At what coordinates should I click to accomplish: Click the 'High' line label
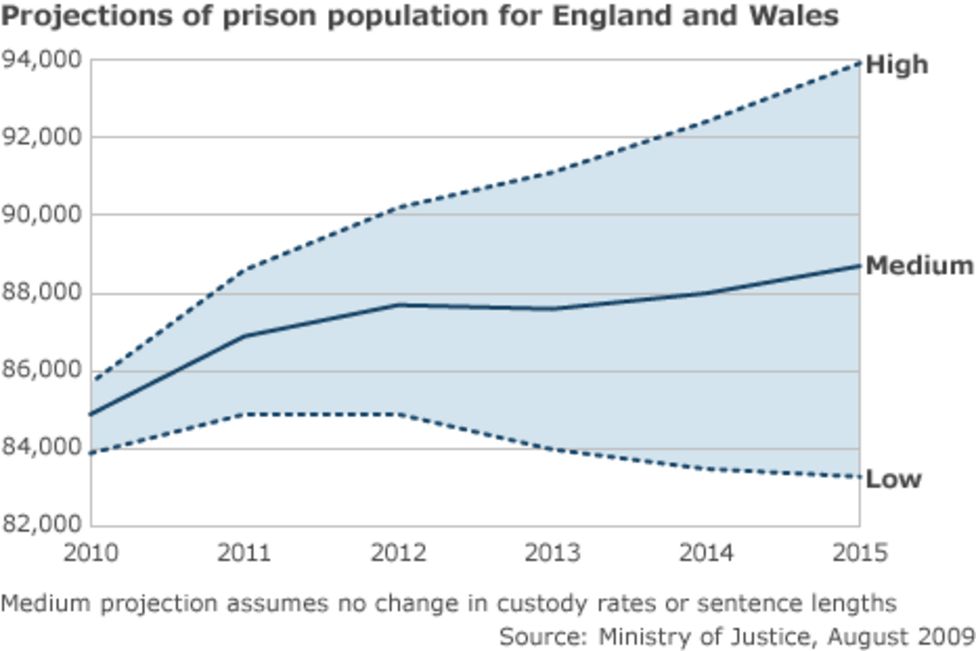pyautogui.click(x=896, y=65)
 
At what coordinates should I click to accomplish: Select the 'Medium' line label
pyautogui.click(x=918, y=266)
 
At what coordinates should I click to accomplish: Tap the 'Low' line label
pyautogui.click(x=893, y=479)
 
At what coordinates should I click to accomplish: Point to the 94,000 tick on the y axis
pyautogui.click(x=42, y=60)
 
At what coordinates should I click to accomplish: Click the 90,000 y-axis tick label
pyautogui.click(x=42, y=215)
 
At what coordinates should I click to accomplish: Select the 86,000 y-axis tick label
pyautogui.click(x=42, y=370)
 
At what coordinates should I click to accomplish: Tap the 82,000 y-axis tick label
pyautogui.click(x=42, y=525)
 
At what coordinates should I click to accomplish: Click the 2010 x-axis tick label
pyautogui.click(x=91, y=553)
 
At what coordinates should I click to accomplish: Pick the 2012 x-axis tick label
pyautogui.click(x=398, y=553)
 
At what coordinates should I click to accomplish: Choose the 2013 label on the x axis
pyautogui.click(x=552, y=553)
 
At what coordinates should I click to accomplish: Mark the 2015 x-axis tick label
pyautogui.click(x=858, y=553)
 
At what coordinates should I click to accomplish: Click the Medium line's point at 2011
pyautogui.click(x=245, y=336)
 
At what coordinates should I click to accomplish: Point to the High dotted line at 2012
pyautogui.click(x=398, y=208)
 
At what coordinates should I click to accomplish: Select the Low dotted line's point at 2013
pyautogui.click(x=552, y=449)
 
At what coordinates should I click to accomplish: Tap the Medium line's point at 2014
pyautogui.click(x=705, y=293)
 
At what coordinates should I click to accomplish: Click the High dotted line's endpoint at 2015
pyautogui.click(x=858, y=63)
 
